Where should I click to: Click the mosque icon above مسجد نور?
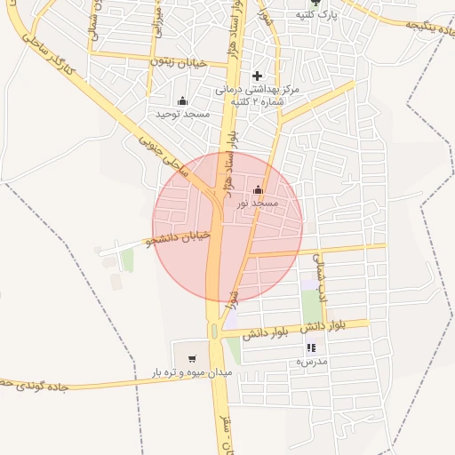pos(259,189)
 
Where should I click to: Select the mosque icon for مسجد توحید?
pos(183,100)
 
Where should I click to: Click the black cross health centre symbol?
pos(258,76)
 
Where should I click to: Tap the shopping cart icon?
pos(192,359)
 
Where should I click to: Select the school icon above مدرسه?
pos(311,347)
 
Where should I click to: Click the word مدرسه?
pos(311,362)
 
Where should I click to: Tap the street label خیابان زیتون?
pos(172,61)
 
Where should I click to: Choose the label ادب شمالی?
pos(322,272)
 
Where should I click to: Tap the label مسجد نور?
pos(258,204)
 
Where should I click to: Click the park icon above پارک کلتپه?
pos(315,3)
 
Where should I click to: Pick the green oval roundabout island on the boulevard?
pos(214,331)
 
